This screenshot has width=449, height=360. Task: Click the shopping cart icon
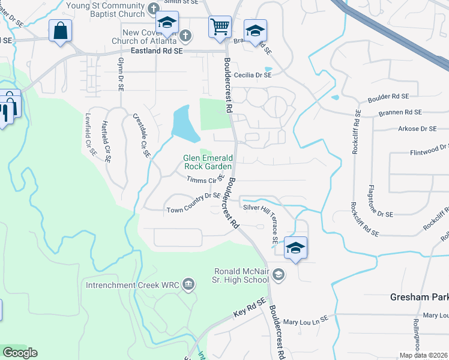(220, 26)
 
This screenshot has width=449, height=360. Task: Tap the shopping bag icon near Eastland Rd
(60, 31)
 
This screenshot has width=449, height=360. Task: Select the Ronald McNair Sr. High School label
(242, 275)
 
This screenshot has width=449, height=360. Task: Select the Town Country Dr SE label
(193, 210)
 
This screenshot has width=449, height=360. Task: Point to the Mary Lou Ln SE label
(306, 319)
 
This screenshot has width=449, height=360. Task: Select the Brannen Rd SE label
(400, 112)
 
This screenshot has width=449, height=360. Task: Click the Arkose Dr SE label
(416, 128)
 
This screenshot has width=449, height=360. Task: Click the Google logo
(20, 353)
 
